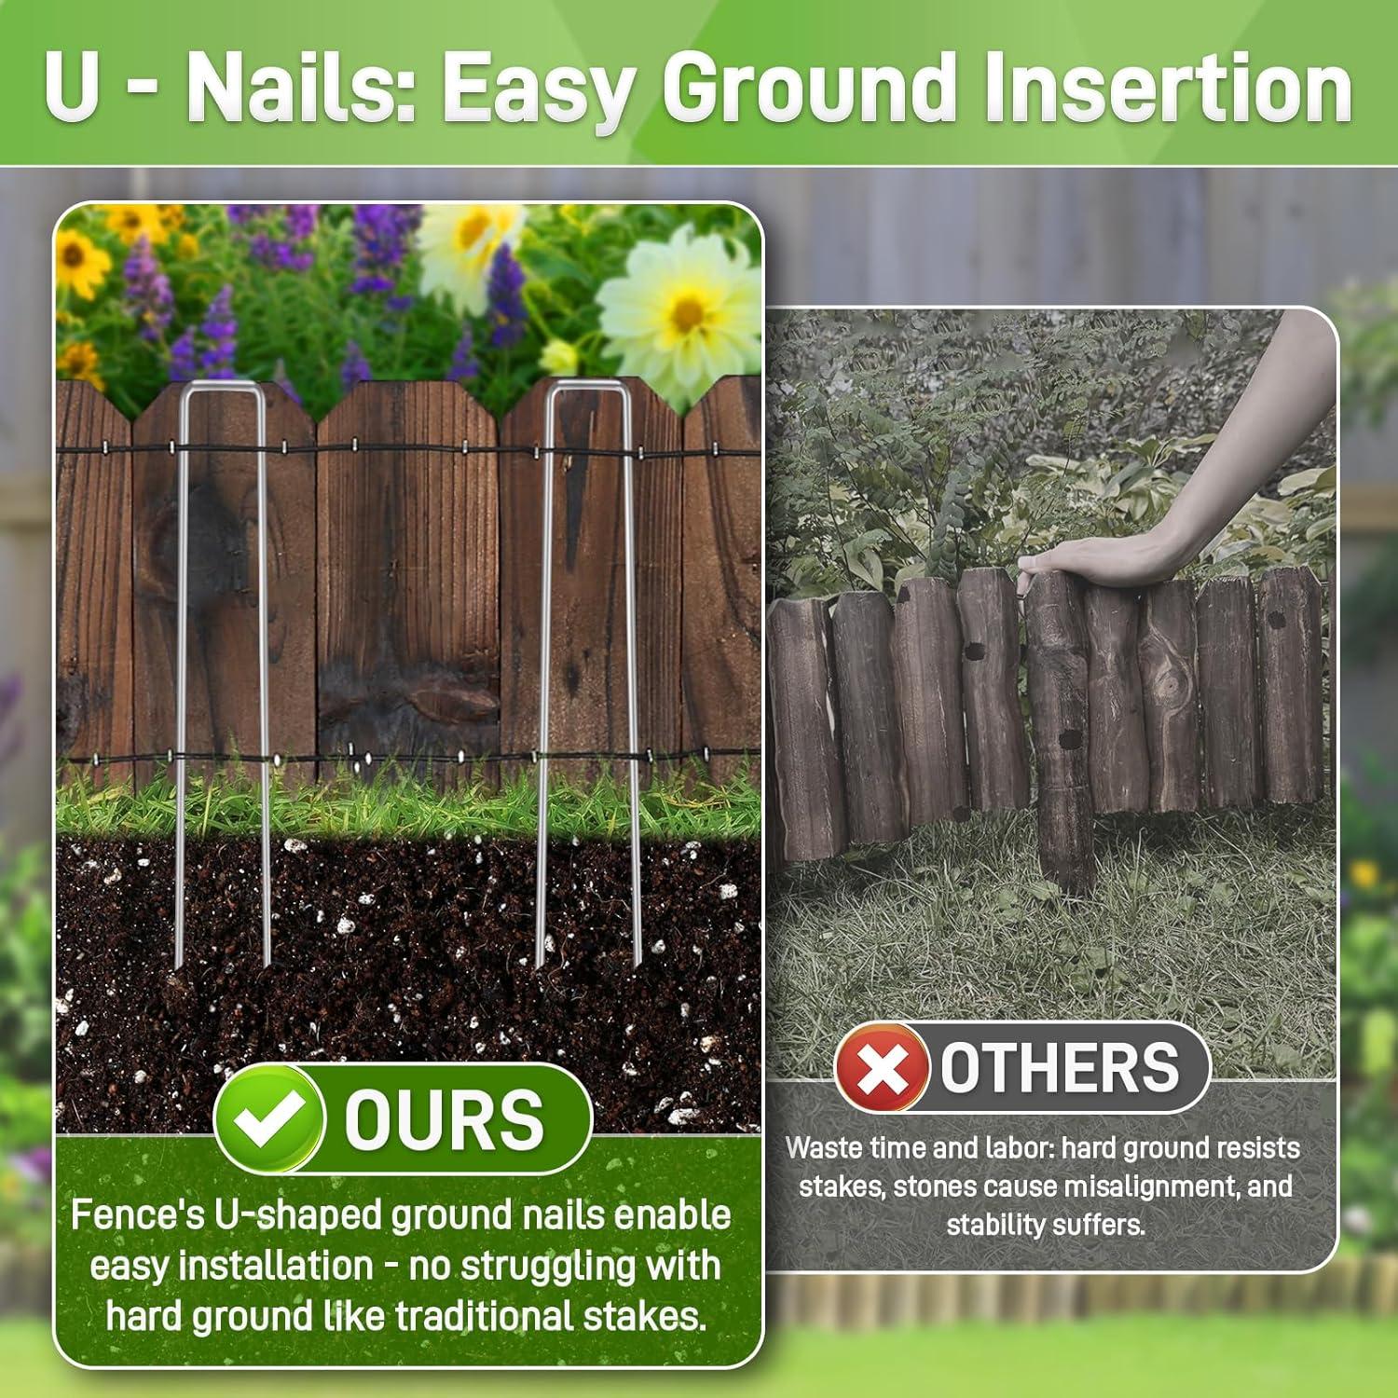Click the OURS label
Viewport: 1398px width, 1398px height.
pos(444,1119)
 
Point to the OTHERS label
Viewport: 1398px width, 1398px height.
pos(1060,1068)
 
